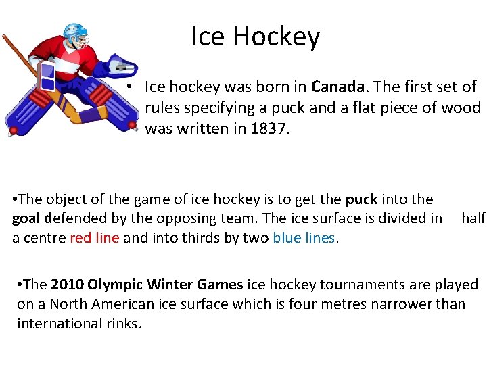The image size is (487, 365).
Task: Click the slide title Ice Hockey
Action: click(x=255, y=36)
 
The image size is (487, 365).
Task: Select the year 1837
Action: click(x=271, y=128)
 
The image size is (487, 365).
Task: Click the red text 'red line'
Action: click(x=95, y=237)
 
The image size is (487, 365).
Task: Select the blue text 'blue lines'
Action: click(x=304, y=237)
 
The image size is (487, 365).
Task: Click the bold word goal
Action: click(x=27, y=218)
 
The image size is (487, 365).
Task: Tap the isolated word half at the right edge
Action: click(x=473, y=218)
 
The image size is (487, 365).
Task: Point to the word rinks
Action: click(x=122, y=323)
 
